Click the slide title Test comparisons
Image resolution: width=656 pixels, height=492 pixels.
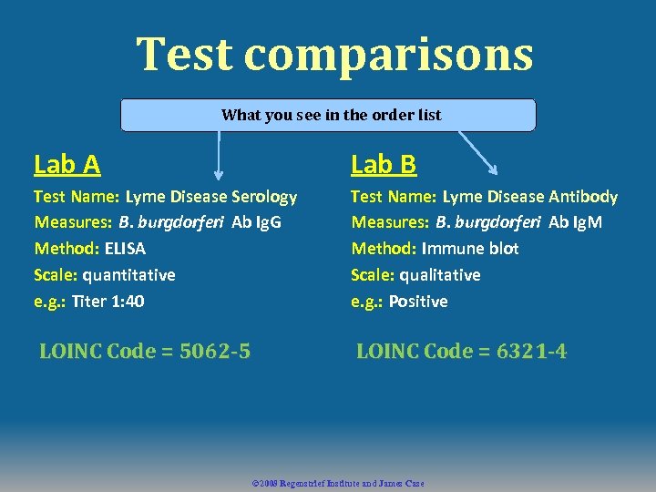point(334,54)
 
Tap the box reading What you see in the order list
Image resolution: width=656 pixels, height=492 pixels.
point(329,115)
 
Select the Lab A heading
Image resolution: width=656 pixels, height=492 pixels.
point(67,164)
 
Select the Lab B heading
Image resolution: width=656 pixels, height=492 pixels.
point(384,164)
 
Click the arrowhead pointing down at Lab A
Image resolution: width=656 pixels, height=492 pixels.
point(219,173)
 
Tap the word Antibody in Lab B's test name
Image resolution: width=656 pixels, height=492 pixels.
point(583,196)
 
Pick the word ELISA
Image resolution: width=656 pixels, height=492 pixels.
point(125,248)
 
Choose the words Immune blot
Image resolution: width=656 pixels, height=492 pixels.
point(470,248)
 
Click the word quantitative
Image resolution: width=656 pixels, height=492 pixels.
point(128,274)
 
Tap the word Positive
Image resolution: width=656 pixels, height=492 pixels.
point(418,301)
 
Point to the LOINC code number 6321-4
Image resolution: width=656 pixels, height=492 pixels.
point(531,351)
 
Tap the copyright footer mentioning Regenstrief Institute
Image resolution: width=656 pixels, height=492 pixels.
point(337,483)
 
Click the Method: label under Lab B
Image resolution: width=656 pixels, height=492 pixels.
point(384,248)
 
